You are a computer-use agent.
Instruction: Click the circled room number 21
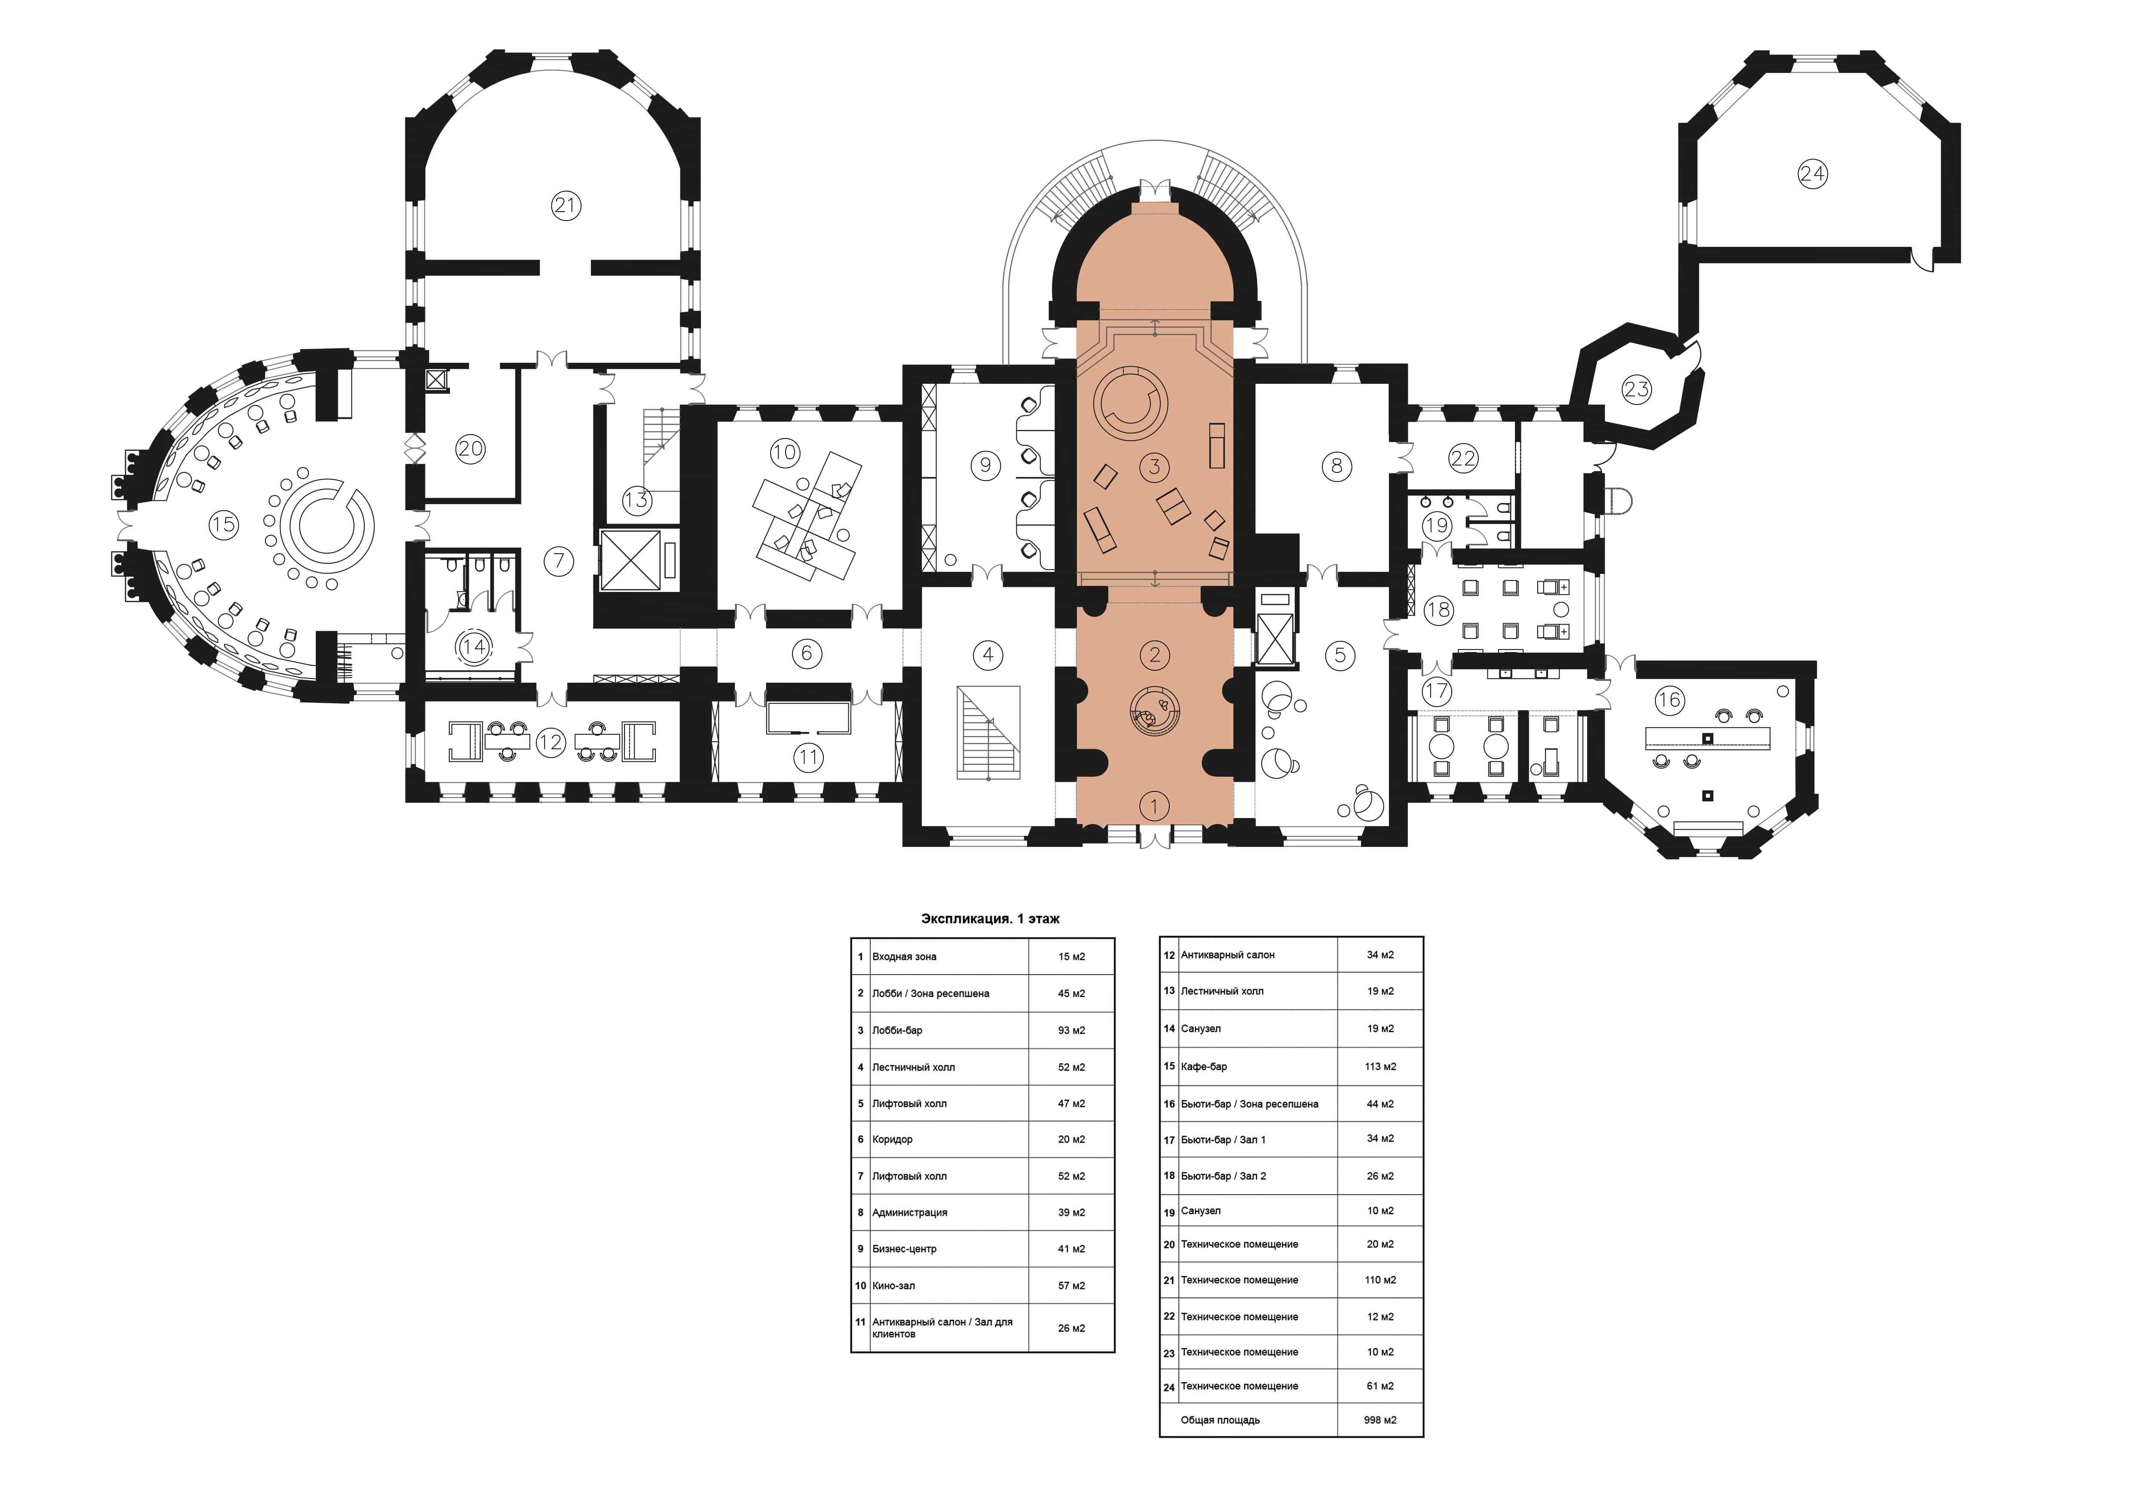point(566,205)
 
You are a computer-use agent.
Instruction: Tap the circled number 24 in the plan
point(1812,174)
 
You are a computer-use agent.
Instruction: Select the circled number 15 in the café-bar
point(223,524)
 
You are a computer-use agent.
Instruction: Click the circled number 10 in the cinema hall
point(785,452)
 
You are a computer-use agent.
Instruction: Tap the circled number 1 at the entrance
point(1154,806)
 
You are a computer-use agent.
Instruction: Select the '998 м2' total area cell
point(1380,1420)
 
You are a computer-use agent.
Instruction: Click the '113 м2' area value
point(1380,1067)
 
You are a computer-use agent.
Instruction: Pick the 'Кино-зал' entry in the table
point(893,1286)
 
